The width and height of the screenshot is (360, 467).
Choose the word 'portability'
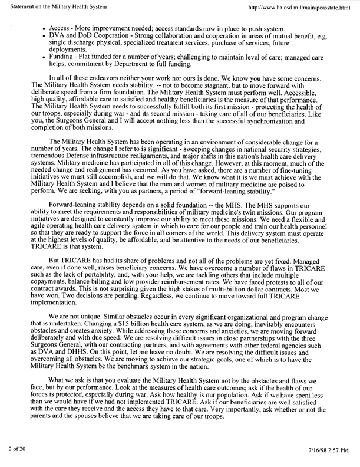(x=80, y=290)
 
